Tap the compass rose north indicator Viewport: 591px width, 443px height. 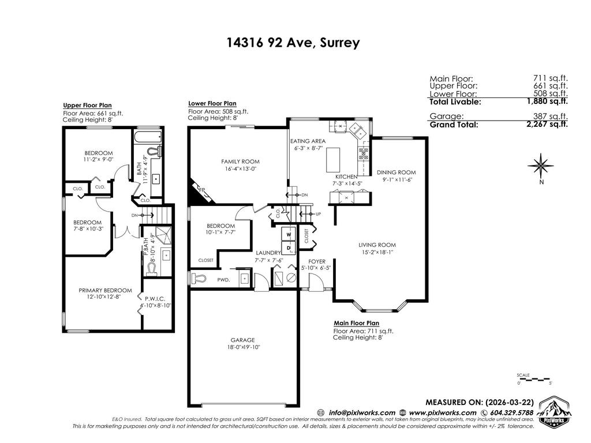(x=541, y=166)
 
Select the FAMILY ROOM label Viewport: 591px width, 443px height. (x=240, y=162)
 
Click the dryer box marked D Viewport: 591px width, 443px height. (x=287, y=247)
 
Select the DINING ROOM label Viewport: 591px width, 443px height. (x=396, y=172)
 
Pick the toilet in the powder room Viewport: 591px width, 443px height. (x=198, y=279)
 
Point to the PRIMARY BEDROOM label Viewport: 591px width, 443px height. (x=105, y=290)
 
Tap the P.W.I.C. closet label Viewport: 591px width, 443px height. (x=155, y=298)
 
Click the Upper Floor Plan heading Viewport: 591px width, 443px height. (x=87, y=106)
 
